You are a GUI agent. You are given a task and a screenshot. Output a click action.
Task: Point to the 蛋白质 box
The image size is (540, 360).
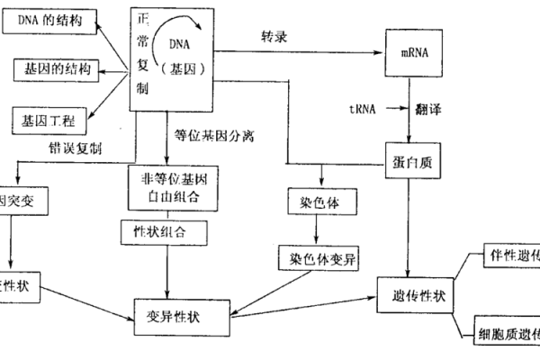(410, 158)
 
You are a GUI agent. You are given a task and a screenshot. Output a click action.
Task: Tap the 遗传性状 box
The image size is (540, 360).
(418, 295)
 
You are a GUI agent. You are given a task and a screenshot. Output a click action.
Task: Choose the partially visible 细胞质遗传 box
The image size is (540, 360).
(511, 332)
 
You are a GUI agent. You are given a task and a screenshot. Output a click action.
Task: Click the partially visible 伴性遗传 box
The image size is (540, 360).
(513, 254)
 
